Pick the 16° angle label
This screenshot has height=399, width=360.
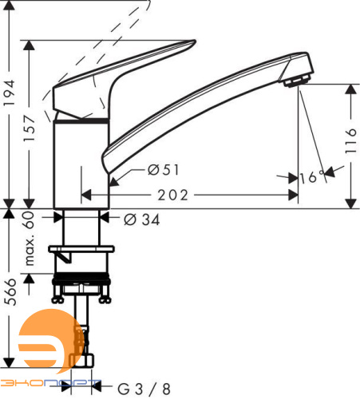pos(312,176)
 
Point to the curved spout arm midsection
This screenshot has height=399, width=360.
pos(200,100)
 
